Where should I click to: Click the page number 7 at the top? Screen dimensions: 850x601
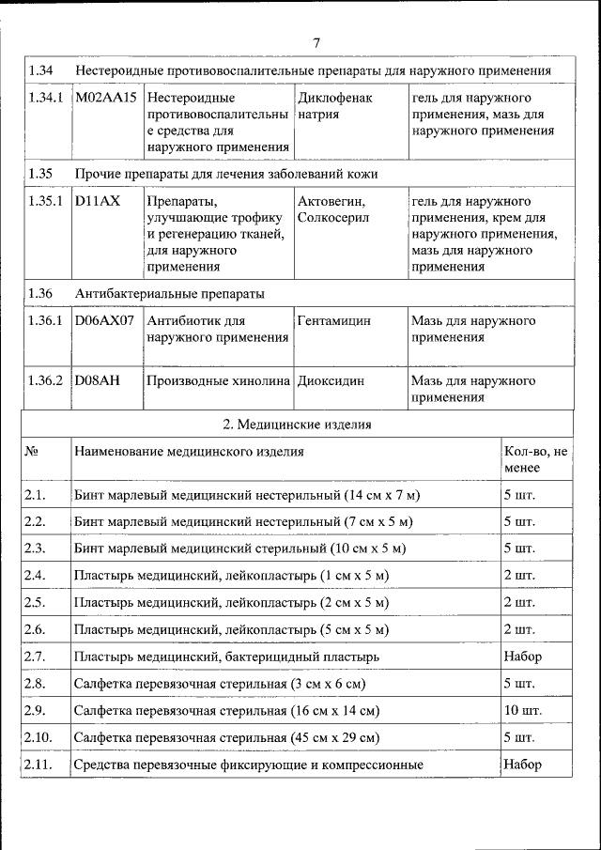tap(316, 43)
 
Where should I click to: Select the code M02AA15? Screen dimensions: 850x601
tap(106, 98)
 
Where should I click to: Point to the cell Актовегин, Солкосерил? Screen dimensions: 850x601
tap(333, 209)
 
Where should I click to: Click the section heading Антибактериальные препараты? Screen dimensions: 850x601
tap(169, 293)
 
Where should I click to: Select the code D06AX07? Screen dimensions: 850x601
tap(106, 321)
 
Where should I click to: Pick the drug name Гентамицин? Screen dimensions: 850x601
tap(333, 321)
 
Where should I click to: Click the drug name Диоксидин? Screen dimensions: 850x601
tap(331, 381)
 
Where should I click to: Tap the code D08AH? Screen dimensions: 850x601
tap(98, 381)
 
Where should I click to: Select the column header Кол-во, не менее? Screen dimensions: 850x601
tap(535, 459)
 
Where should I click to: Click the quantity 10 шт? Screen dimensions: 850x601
tap(522, 710)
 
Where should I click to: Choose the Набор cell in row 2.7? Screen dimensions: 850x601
tap(522, 656)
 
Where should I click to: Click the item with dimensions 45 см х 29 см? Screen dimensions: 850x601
tap(226, 737)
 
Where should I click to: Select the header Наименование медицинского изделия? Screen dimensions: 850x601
tap(189, 452)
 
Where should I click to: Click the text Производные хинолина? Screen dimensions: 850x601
tap(219, 381)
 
